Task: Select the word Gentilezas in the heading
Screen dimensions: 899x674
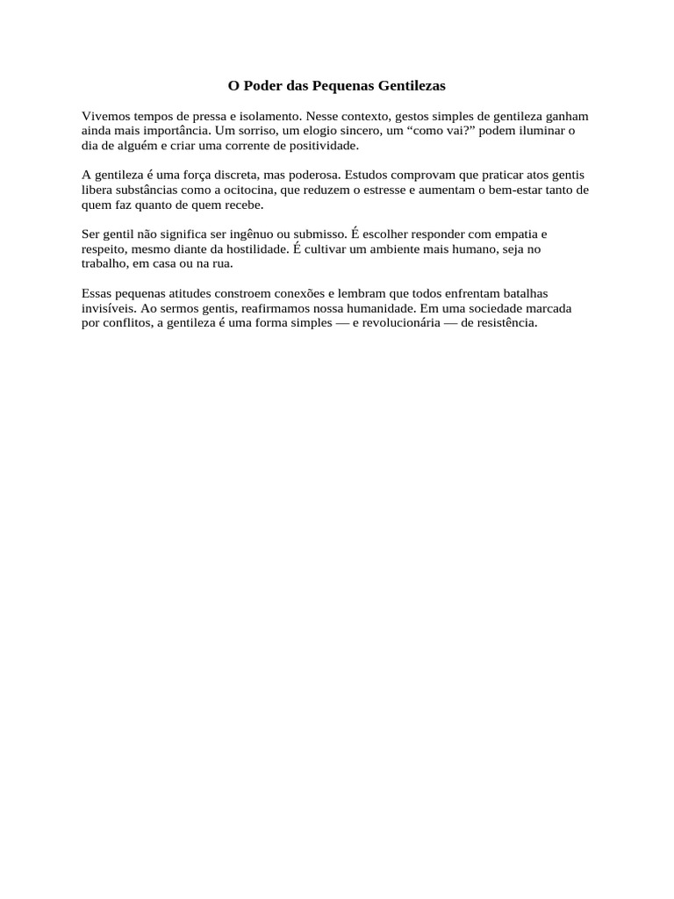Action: point(412,86)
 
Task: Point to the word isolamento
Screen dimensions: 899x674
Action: point(265,116)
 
